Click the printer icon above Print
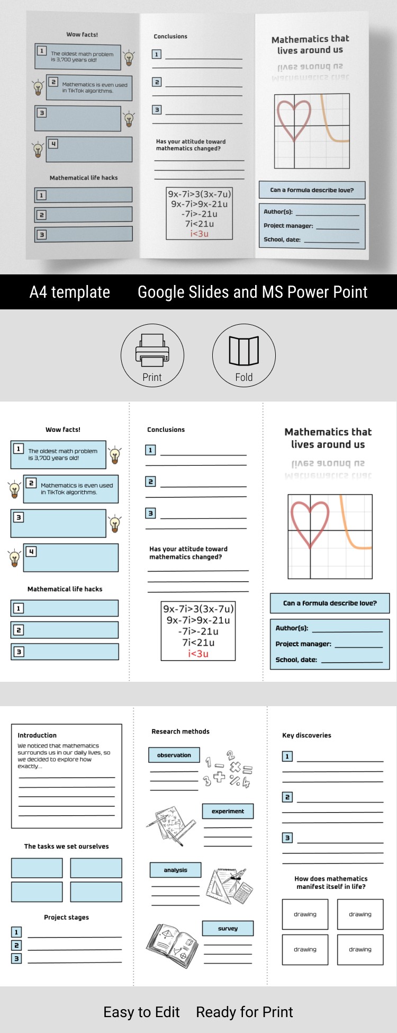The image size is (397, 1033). coord(152,350)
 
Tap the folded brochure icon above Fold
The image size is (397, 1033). coord(243,351)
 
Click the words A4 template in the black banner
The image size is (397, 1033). coord(70,292)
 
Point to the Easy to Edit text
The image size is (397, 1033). coord(141,1012)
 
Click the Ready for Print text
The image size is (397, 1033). coord(244,1012)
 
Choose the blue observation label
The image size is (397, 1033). coord(174,755)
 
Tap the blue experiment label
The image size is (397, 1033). coord(228,811)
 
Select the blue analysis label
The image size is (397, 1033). coord(175,870)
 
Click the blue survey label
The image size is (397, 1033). coord(228,928)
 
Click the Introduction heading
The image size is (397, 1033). coord(37,735)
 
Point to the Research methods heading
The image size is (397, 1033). coord(181,732)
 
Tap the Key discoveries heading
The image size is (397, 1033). coord(306,735)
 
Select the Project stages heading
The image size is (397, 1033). coord(66,917)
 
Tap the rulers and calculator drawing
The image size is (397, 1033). coord(229,886)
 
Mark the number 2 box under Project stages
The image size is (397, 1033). coord(16,945)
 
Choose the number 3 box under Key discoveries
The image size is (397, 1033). coord(287,838)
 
